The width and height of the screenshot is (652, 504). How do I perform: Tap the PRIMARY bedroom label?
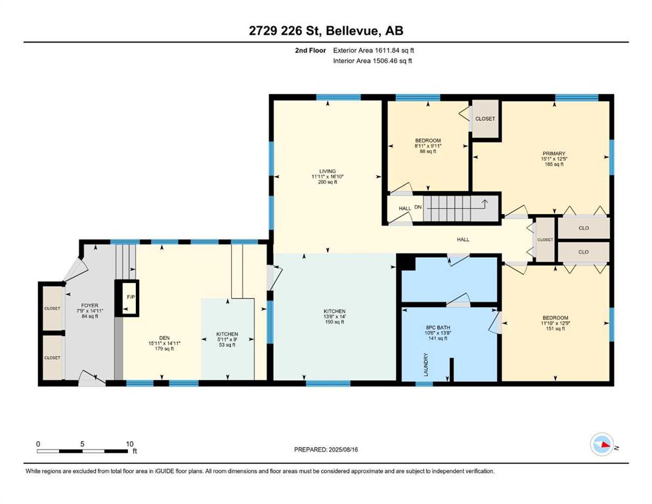[554, 154]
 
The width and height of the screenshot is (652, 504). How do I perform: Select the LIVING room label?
[327, 171]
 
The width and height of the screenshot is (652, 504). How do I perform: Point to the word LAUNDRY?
[425, 365]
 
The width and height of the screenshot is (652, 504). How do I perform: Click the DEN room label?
[164, 338]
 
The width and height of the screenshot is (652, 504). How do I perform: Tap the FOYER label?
[90, 305]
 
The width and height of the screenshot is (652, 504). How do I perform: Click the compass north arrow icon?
[602, 444]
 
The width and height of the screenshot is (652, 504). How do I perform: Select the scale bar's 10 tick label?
[129, 444]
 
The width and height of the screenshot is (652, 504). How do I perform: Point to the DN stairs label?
[418, 207]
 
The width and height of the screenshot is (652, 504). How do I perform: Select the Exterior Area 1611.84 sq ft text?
[374, 51]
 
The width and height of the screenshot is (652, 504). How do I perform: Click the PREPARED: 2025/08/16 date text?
[326, 450]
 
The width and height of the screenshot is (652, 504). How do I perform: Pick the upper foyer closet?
[53, 308]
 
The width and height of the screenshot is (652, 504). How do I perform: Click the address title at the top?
[326, 30]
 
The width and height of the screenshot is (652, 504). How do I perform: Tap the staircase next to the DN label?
[461, 209]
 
